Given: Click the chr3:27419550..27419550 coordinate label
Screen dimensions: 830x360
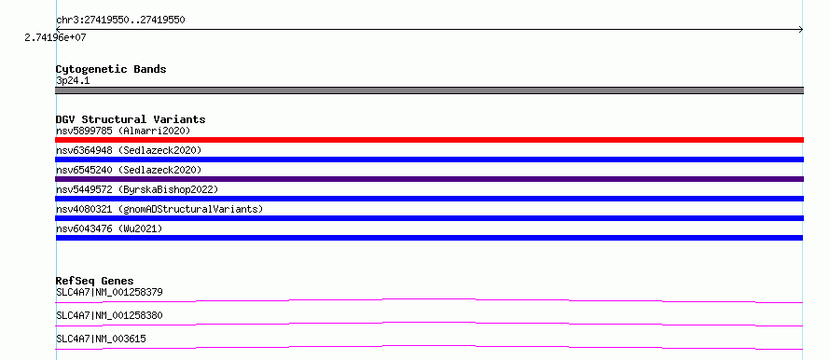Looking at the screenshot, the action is tap(120, 21).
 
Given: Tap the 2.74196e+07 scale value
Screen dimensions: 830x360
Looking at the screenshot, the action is tap(55, 37).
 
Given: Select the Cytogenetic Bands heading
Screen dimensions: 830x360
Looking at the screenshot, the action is tap(111, 69).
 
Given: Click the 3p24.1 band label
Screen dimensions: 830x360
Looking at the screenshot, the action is tap(73, 81).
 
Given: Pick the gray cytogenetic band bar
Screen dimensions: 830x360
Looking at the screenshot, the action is tap(429, 90).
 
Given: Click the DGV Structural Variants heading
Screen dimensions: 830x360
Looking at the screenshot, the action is tap(131, 119).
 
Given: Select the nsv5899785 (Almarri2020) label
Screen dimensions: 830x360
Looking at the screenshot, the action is tap(123, 131).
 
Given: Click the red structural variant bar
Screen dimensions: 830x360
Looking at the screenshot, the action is tap(429, 140).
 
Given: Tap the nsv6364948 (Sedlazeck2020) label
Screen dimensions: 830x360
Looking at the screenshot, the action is tap(129, 150).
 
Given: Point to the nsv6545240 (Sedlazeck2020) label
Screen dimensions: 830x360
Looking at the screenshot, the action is tap(129, 170).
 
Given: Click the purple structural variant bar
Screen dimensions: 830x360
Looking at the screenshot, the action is tap(429, 179).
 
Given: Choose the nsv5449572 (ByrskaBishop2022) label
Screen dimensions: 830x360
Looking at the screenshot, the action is tap(137, 189).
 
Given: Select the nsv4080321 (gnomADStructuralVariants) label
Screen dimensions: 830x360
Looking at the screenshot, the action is tap(159, 209).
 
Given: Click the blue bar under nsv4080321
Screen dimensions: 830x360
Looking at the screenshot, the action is tap(429, 218).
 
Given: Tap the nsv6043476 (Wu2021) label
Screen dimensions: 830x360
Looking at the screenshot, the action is tap(109, 228).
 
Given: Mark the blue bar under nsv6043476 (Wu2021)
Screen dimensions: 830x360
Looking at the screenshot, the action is tap(429, 238).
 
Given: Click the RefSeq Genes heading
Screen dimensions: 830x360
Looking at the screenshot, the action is tap(95, 281).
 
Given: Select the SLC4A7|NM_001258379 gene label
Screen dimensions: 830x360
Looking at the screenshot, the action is tap(109, 292).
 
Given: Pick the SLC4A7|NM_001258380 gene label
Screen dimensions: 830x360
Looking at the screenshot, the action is tap(109, 315).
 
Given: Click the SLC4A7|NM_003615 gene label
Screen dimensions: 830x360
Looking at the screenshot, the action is tap(101, 339).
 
